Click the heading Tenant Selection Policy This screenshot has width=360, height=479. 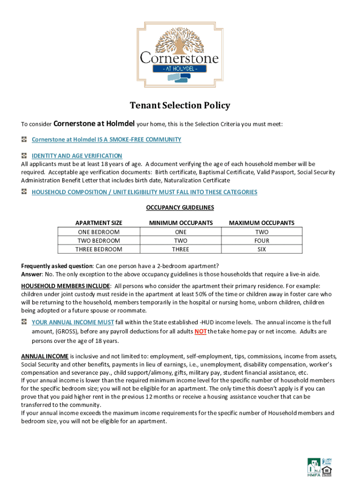180,105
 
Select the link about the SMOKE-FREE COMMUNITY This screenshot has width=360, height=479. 106,140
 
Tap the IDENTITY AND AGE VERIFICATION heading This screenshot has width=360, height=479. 77,156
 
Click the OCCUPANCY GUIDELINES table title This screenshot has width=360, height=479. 180,207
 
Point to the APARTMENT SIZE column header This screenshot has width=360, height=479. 99,223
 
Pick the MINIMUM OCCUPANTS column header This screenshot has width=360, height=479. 180,223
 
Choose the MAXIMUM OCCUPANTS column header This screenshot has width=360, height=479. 261,223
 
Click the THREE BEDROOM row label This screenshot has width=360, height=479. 99,249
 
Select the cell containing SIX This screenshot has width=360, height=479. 262,249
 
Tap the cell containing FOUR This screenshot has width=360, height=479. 262,241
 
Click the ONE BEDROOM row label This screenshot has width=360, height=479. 99,232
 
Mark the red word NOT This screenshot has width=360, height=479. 201,332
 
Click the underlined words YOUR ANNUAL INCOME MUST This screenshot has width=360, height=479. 72,322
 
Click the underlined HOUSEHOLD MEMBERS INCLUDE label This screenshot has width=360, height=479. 65,286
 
